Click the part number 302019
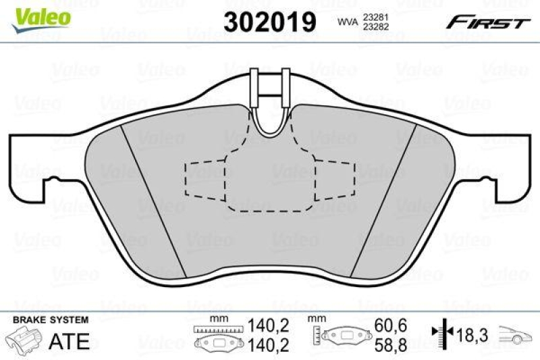point(270,22)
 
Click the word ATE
point(70,340)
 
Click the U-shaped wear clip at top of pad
point(270,101)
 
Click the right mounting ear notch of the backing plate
point(491,186)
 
